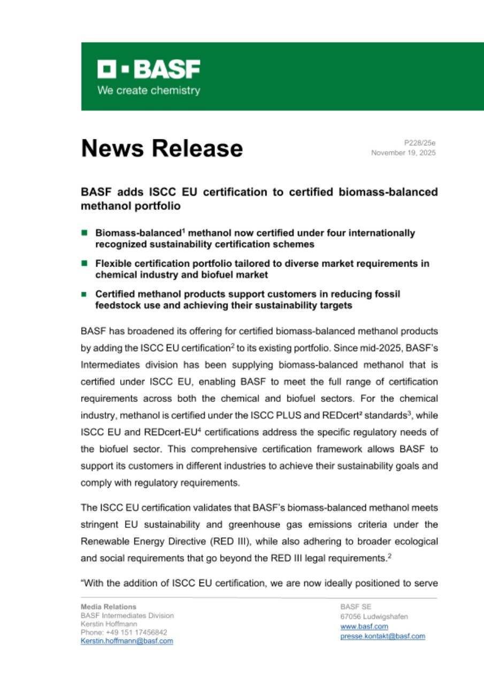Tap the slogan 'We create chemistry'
148,90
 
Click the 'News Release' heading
162,148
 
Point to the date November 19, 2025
404,153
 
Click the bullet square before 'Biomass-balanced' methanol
84,233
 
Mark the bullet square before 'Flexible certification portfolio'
84,263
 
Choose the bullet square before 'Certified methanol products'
84,294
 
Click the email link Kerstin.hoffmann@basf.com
127,641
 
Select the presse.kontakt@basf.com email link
382,636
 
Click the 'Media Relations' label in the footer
109,607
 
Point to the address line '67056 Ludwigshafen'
374,617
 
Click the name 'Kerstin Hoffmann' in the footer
109,624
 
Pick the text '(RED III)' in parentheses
233,541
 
